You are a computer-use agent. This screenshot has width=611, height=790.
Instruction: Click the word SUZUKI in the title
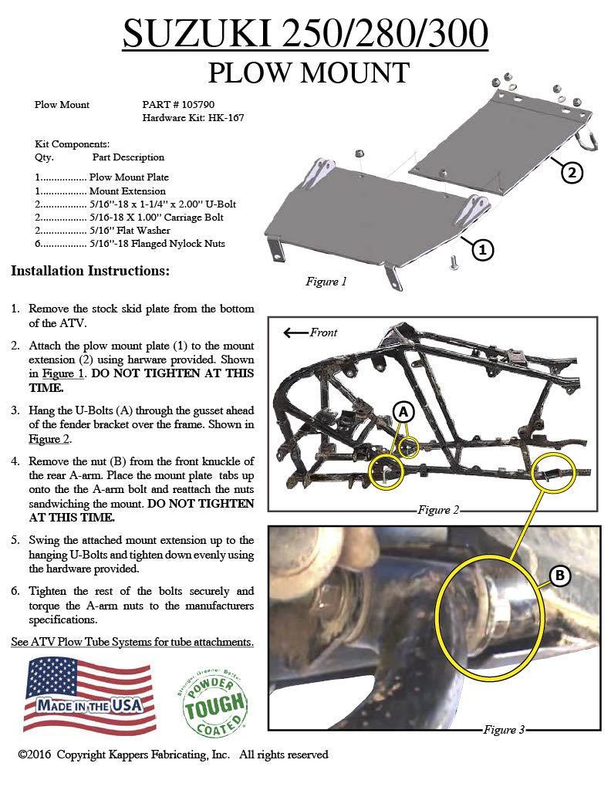197,35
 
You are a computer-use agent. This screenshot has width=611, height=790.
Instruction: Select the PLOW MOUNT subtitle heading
308,73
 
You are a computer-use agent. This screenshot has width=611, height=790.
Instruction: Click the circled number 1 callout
482,249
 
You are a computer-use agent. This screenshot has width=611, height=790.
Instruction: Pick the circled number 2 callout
571,172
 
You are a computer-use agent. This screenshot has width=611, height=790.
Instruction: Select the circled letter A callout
403,413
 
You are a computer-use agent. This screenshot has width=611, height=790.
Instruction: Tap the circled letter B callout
560,575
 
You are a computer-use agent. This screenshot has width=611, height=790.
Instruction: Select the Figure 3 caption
505,729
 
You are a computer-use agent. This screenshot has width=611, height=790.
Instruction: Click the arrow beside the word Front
295,333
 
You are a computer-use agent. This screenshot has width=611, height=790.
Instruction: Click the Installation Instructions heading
90,272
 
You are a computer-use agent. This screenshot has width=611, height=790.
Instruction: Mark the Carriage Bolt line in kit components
163,218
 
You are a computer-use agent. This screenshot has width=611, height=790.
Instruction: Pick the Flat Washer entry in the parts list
138,231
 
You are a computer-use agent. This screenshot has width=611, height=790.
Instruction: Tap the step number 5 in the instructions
15,540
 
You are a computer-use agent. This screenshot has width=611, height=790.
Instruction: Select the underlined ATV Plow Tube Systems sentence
132,642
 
